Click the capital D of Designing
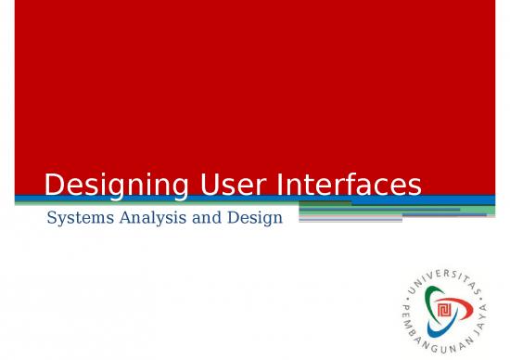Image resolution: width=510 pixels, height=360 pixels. [54, 186]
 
